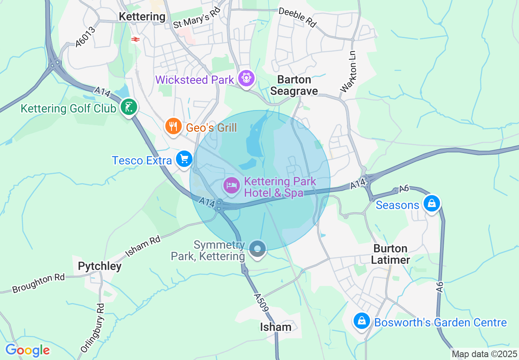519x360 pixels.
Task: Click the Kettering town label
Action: pos(142,17)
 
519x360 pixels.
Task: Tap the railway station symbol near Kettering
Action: pos(135,39)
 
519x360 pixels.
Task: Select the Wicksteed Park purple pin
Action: pos(246,78)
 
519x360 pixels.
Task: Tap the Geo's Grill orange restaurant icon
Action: pos(173,126)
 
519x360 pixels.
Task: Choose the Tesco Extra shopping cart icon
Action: pos(184,159)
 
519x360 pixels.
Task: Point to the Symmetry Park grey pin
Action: pos(257,249)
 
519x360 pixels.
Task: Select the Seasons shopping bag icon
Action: pos(431,203)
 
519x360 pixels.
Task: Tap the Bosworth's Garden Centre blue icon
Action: pos(362,321)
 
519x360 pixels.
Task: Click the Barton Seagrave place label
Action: pos(294,85)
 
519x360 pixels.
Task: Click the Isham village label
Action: pos(276,327)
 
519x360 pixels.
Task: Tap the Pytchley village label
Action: pos(99,266)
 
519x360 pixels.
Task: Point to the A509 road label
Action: pos(261,303)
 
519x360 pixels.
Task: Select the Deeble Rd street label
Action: pos(298,17)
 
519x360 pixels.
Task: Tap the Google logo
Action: pos(27,350)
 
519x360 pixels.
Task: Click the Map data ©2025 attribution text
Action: pos(485,354)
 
